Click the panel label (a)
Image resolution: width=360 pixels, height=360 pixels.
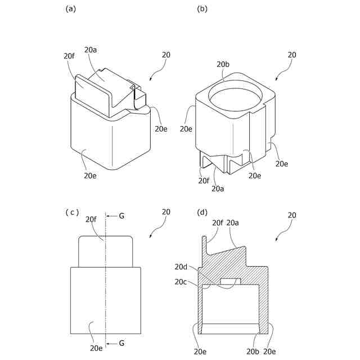tap(70, 8)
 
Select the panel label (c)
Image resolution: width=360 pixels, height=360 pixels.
tap(72, 212)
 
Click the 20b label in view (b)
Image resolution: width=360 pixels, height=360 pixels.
tap(223, 65)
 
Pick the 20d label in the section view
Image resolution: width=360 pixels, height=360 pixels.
tap(181, 267)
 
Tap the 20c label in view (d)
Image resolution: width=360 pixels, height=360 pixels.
tap(181, 282)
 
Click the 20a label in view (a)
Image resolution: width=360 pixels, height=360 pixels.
tap(91, 51)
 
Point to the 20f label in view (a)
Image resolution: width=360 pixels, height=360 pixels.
tap(69, 56)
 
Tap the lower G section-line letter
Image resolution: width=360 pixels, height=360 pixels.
tap(122, 343)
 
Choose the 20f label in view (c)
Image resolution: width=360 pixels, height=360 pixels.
tap(91, 219)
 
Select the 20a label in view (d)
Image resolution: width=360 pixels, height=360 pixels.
tap(232, 223)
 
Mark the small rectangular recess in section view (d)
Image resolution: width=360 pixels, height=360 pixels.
tap(231, 281)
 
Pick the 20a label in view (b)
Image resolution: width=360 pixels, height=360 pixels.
tap(219, 189)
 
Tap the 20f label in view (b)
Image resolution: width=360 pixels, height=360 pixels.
tap(204, 181)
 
